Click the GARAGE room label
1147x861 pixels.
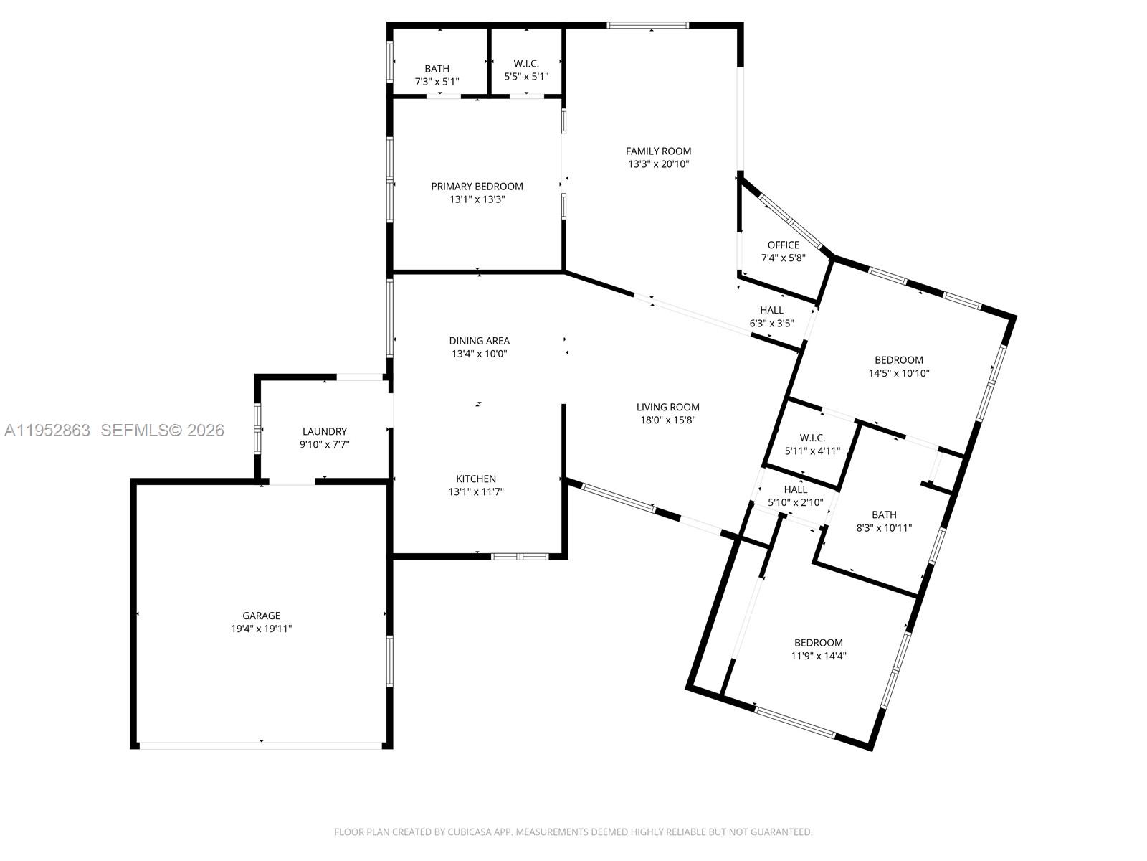click(x=261, y=616)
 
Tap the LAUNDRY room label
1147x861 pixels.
click(x=325, y=431)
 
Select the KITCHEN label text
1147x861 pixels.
click(x=476, y=479)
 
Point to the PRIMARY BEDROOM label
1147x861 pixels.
click(x=477, y=187)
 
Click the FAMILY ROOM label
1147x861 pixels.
click(x=658, y=151)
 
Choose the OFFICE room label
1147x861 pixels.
click(x=783, y=245)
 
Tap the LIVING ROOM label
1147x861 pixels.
click(x=667, y=407)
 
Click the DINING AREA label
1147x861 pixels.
click(x=479, y=341)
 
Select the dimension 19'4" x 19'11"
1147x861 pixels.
click(x=261, y=629)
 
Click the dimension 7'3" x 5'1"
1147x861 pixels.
click(x=437, y=82)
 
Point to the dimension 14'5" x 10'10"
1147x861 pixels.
click(x=898, y=373)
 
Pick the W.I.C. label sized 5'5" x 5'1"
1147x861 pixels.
click(x=526, y=64)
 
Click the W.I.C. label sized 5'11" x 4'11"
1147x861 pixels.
click(x=812, y=438)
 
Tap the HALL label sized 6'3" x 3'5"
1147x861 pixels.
click(x=771, y=310)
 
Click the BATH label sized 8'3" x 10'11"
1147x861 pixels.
click(x=884, y=514)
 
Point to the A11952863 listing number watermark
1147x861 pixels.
click(x=47, y=430)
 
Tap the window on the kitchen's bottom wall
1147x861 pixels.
click(x=520, y=556)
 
